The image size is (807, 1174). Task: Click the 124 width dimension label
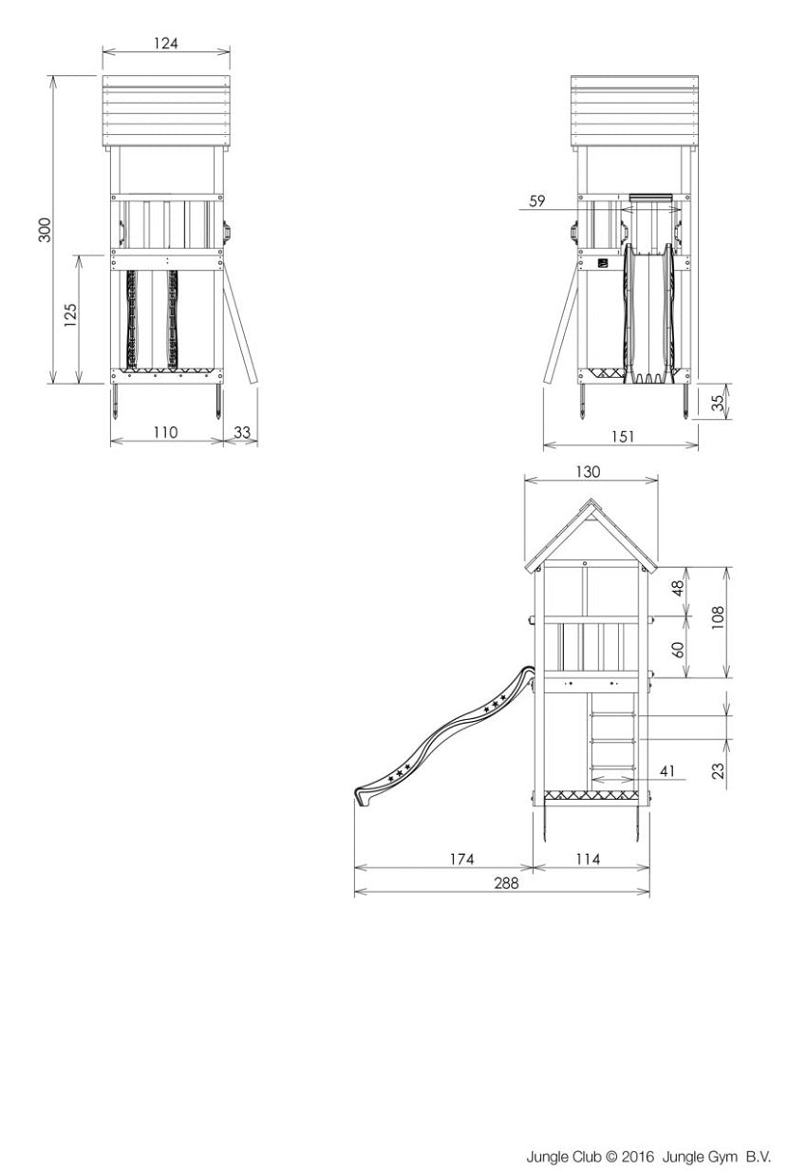tap(166, 43)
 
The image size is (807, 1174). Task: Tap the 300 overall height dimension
tap(47, 230)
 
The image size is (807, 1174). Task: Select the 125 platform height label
tap(71, 315)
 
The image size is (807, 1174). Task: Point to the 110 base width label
tap(165, 432)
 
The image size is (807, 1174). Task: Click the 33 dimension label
tap(242, 432)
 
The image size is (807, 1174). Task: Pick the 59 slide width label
tap(537, 200)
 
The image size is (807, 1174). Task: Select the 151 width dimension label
tap(623, 437)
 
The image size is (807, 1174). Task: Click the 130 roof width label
tap(588, 472)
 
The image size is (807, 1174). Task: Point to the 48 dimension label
tap(679, 588)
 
